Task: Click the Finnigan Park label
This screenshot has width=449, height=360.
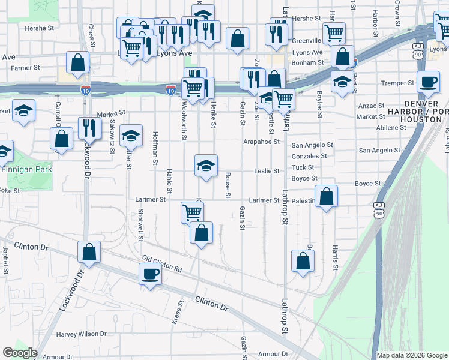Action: coord(26,169)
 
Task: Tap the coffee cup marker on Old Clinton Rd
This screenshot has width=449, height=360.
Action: coord(149,275)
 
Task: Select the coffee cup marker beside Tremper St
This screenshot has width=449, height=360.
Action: coord(428,82)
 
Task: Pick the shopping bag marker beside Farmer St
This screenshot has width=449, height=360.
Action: coord(78,62)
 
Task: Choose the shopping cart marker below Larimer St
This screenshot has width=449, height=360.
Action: coord(192,212)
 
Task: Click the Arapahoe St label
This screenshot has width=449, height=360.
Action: coord(262,142)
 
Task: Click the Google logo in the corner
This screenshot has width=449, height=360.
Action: coord(20,353)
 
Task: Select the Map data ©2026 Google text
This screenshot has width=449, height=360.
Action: coord(412,355)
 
